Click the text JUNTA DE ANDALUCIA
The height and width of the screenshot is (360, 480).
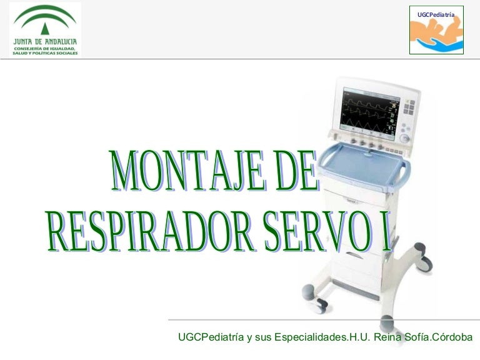(x=45, y=41)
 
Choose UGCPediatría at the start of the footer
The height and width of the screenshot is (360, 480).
(x=211, y=337)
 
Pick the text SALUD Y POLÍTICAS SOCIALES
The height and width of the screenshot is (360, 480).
(x=45, y=53)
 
